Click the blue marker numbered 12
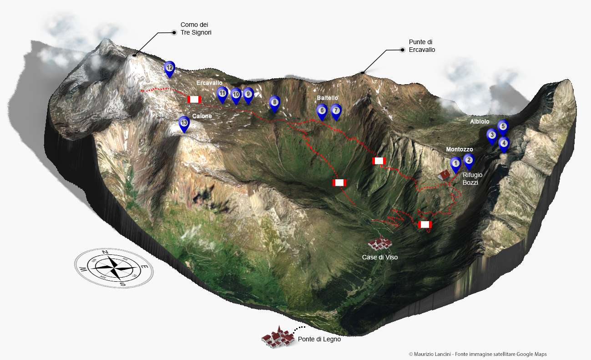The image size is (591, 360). point(169,68)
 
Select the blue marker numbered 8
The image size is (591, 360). point(274,103)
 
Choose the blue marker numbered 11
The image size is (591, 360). point(222,94)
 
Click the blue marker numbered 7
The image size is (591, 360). point(336,111)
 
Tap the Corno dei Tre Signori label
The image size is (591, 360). point(196,29)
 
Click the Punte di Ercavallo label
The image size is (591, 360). point(422,46)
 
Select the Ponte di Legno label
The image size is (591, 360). point(319,339)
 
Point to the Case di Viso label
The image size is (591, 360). point(380,257)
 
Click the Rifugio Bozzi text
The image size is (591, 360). point(472,178)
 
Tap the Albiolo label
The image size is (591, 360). point(480,122)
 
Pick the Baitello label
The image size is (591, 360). point(328,98)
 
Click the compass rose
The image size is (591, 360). point(114,268)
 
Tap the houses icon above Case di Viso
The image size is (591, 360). point(380,243)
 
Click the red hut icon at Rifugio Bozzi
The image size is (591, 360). point(444,175)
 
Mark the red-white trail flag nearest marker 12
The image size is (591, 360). point(194,99)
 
